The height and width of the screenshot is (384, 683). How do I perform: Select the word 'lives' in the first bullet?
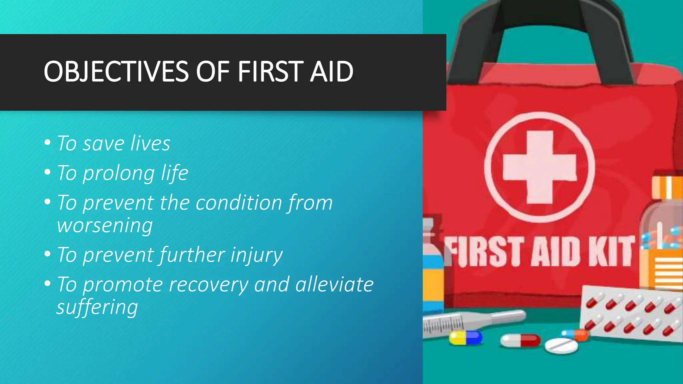click(x=150, y=143)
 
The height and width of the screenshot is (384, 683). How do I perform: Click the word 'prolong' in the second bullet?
click(x=119, y=173)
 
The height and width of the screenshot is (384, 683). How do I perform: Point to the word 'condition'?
click(x=239, y=203)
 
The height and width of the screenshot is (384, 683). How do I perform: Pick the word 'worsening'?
click(x=105, y=225)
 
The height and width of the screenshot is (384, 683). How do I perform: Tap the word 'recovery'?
click(x=209, y=285)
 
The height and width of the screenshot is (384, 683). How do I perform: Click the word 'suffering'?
click(x=97, y=307)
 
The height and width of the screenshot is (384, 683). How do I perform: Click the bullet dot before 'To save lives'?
click(x=47, y=143)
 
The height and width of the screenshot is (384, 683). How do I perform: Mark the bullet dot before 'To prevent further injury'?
click(x=47, y=254)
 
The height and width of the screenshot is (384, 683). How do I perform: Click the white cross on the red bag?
click(x=540, y=167)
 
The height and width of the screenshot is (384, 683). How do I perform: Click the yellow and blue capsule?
click(x=466, y=338)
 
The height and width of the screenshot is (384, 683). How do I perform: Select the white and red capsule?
click(x=520, y=340)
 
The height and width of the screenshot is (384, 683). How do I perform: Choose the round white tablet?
click(x=561, y=346)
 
